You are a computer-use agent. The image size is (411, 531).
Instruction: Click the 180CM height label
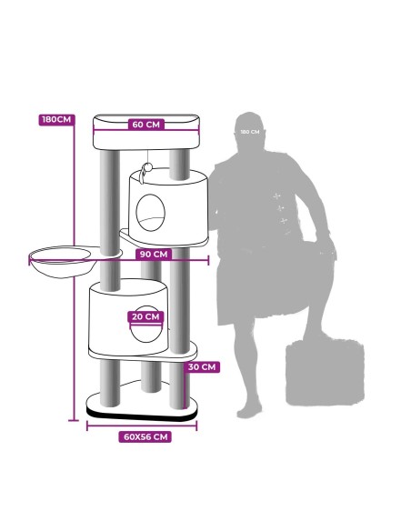56,120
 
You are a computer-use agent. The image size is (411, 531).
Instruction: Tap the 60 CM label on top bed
145,125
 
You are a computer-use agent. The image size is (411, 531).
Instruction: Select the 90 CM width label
154,254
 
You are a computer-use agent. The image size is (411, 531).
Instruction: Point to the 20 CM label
145,317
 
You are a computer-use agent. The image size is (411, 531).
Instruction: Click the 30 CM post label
202,367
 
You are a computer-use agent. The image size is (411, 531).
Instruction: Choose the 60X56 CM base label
145,436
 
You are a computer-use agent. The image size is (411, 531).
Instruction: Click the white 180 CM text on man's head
250,132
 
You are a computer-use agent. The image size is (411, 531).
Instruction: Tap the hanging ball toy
147,168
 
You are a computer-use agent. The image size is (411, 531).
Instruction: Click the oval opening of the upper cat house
151,213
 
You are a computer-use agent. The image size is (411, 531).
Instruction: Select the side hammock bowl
61,263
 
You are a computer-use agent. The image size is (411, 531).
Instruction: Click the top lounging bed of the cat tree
146,133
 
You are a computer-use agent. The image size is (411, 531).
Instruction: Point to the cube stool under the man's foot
325,372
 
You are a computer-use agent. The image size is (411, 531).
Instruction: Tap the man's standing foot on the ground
249,410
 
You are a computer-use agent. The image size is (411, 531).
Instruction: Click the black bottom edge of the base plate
142,415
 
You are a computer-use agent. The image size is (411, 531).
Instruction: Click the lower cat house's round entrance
146,325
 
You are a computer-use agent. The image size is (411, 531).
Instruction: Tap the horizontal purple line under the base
142,426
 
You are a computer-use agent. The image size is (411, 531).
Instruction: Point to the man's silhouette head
250,129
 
